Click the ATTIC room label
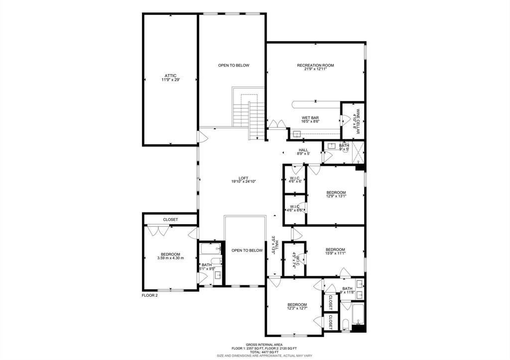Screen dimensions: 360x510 (170, 78)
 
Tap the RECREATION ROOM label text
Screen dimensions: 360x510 (315, 67)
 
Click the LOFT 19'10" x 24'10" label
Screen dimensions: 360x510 (243, 180)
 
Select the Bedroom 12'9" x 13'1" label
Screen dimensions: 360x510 (336, 194)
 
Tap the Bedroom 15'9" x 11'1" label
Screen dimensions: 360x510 (335, 251)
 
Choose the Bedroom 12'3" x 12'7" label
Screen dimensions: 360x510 (297, 306)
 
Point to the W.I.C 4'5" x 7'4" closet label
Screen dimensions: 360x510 (294, 259)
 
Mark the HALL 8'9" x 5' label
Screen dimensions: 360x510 (303, 152)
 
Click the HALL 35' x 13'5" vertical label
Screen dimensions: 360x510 (272, 245)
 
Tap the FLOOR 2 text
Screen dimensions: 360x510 (150, 295)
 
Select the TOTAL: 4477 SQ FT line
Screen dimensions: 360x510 (264, 352)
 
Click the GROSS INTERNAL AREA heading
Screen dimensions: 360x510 (264, 344)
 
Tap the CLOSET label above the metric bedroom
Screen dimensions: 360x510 (170, 220)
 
